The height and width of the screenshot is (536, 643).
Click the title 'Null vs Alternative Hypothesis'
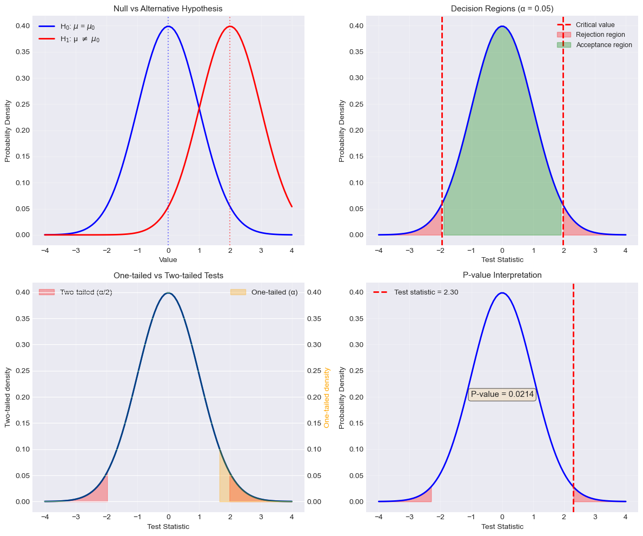168,9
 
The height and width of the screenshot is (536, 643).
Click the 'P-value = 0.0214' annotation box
502,394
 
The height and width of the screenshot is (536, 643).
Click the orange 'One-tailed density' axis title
327,397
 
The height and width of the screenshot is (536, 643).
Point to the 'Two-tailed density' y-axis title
8,397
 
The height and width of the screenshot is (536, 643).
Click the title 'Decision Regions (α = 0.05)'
502,9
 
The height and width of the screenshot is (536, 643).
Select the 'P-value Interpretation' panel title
502,276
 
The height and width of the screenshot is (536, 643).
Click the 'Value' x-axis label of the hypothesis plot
168,260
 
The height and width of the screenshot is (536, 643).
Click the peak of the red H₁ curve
230,26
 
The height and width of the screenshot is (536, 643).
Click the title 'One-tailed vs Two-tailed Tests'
168,276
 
